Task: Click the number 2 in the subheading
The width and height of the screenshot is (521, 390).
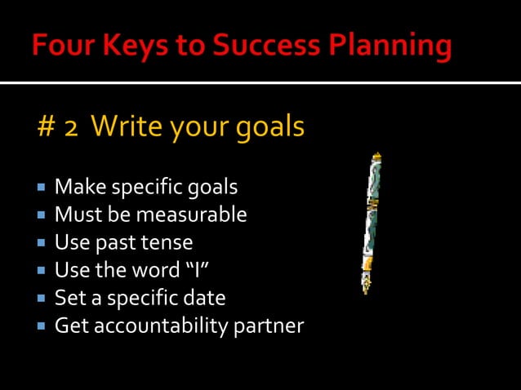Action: (72, 128)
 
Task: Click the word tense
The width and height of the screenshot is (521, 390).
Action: (168, 243)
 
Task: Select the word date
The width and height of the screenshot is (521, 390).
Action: (203, 298)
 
